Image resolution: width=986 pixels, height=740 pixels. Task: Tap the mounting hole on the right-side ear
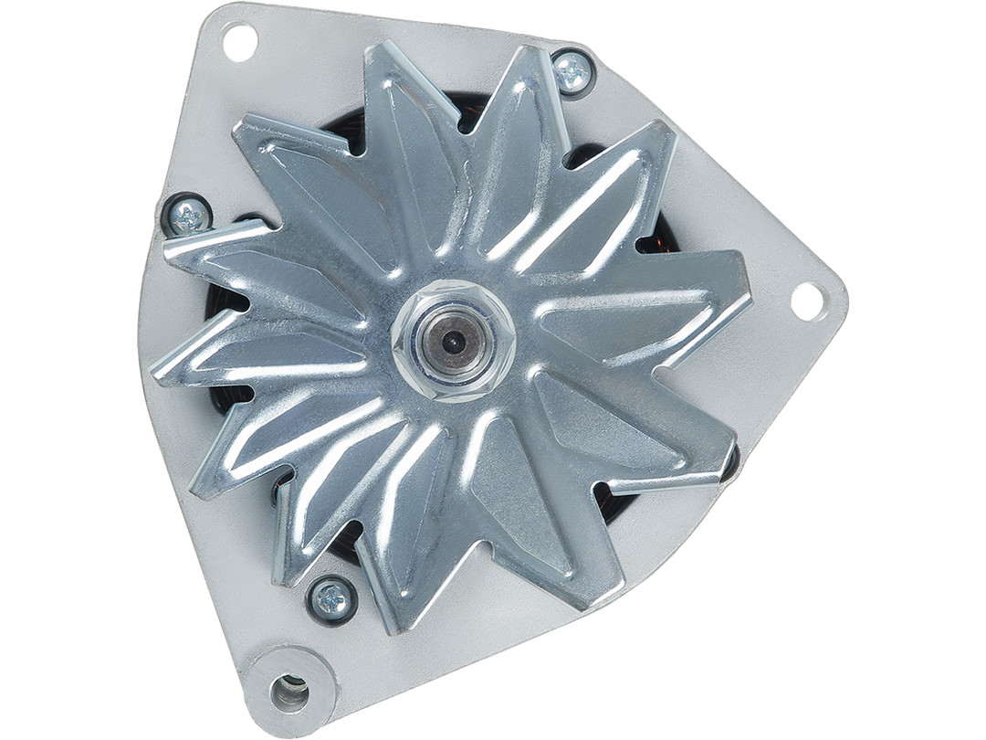pyautogui.click(x=808, y=301)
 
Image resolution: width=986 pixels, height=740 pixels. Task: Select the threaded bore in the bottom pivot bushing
pyautogui.click(x=289, y=693)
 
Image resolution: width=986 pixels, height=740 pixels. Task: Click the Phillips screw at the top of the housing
pyautogui.click(x=572, y=71)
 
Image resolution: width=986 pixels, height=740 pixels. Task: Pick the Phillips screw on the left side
pyautogui.click(x=188, y=217)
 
